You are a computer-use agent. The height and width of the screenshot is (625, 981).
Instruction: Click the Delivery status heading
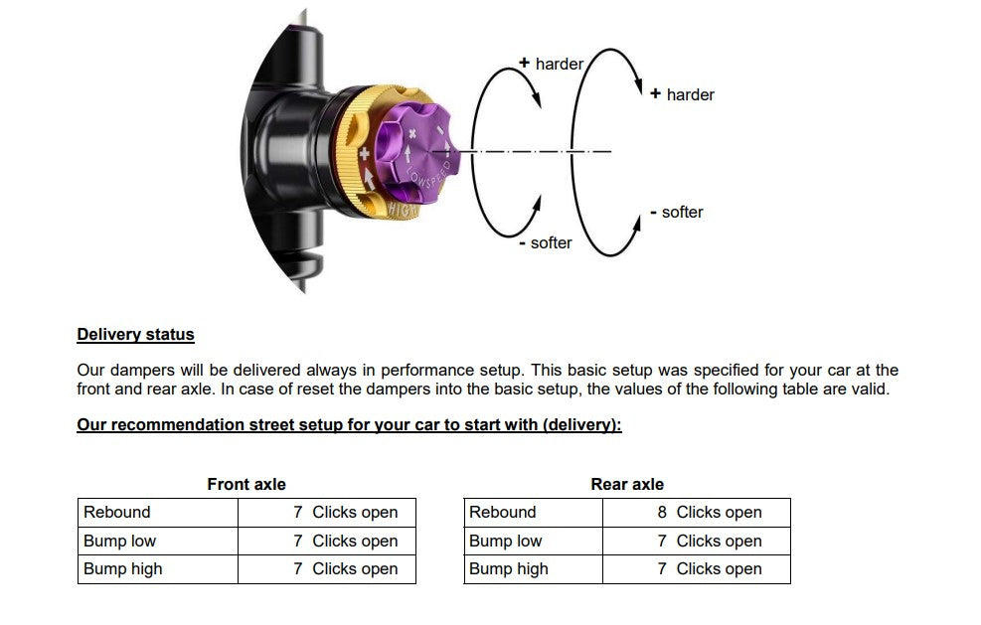point(135,335)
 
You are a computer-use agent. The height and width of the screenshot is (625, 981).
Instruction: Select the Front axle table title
point(245,485)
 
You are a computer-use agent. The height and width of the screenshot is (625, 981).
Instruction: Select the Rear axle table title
point(626,485)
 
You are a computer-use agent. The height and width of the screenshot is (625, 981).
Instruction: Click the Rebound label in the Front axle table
point(117,513)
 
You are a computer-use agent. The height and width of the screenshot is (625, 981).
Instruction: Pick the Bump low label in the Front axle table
point(119,542)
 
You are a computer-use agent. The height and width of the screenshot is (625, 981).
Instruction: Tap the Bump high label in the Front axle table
point(122,569)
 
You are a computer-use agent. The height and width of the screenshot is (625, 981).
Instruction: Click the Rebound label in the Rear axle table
point(502,513)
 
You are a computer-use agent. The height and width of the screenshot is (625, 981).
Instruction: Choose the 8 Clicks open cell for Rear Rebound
point(709,513)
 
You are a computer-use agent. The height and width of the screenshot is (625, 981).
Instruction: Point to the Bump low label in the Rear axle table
point(505,542)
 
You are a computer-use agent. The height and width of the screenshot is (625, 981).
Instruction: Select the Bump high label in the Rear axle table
point(508,569)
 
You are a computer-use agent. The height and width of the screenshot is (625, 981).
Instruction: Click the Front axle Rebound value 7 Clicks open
point(345,513)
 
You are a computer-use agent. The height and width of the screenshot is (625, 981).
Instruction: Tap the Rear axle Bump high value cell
point(709,569)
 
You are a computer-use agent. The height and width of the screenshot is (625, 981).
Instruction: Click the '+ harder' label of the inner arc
point(552,64)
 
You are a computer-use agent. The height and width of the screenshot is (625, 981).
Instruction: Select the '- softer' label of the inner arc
point(546,243)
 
